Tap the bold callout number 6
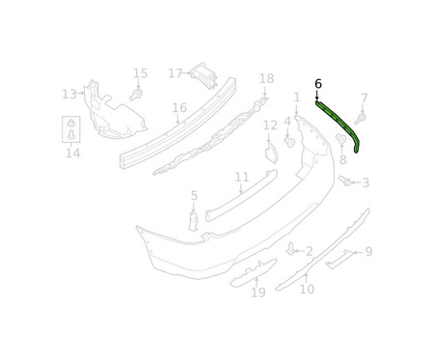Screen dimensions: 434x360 coord(318,84)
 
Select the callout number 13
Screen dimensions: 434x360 coord(69,95)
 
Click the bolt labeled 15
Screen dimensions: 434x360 coord(136,95)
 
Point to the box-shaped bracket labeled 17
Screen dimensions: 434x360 coord(203,75)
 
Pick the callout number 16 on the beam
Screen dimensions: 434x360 coord(179,108)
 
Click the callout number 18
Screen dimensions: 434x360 coord(266,78)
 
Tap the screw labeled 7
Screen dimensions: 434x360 coord(360,119)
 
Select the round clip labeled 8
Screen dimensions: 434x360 coord(340,139)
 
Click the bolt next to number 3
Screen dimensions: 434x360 coord(344,180)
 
